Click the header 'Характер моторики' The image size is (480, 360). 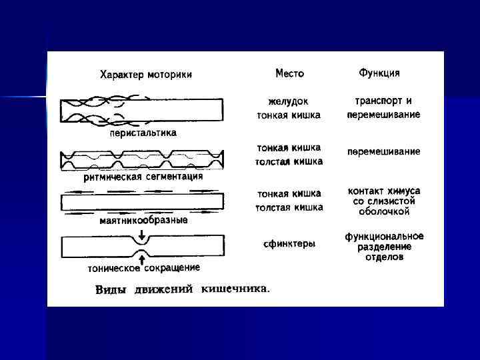[146, 75]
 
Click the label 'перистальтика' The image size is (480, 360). [143, 133]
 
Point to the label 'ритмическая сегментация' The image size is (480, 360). [143, 177]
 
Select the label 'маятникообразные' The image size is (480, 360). [143, 220]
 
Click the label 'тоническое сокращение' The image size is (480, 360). [144, 268]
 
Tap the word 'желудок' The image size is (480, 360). [289, 102]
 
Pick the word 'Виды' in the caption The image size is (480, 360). [112, 290]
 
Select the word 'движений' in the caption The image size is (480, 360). [164, 290]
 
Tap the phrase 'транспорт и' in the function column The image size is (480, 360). [383, 101]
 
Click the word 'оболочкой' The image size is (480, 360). [383, 211]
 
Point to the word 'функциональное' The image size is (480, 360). [384, 236]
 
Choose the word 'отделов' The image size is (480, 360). [384, 257]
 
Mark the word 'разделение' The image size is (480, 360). [384, 247]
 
